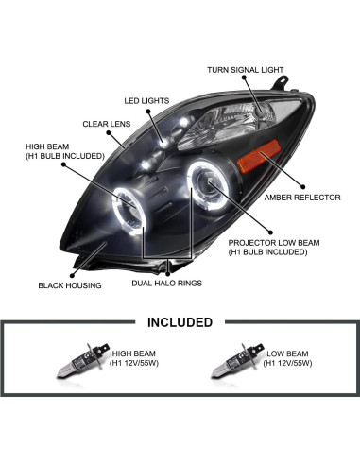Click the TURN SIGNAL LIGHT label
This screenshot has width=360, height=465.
[244, 69]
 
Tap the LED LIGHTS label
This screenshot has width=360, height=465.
[146, 99]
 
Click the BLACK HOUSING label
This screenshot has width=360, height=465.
[69, 284]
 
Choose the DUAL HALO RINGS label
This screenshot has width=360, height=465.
[168, 282]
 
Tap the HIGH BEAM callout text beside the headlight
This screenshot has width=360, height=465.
[60, 150]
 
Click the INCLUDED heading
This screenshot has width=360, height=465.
[180, 321]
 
